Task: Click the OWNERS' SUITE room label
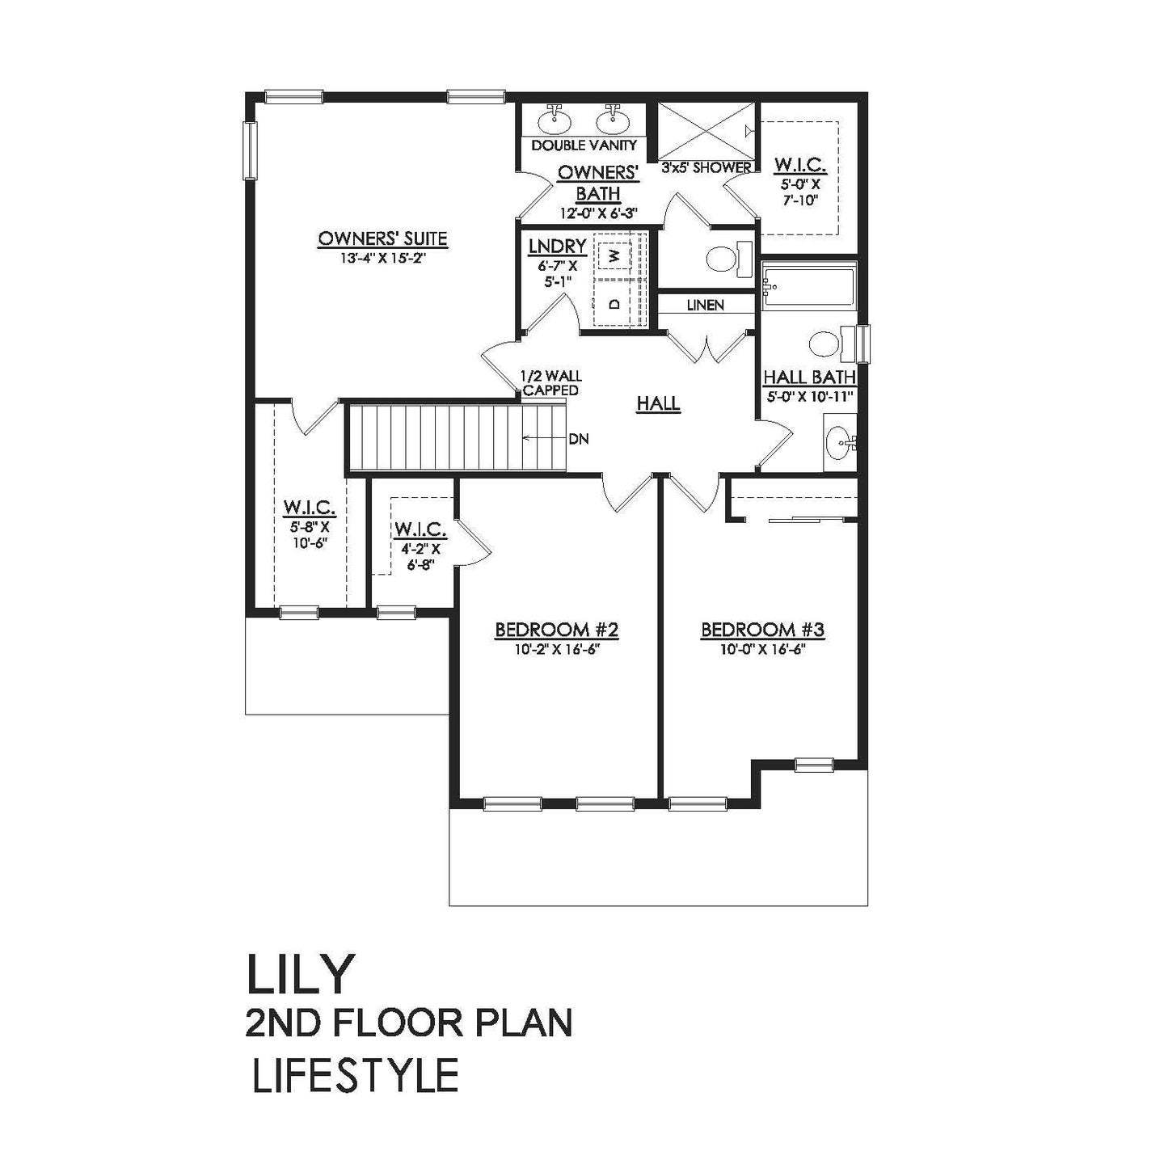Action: tap(382, 238)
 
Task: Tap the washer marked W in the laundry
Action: tap(615, 255)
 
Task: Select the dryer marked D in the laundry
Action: tap(615, 304)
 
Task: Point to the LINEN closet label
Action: tap(706, 306)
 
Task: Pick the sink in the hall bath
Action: tap(841, 442)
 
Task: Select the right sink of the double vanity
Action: tap(614, 120)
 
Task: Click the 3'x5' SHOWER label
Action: tap(706, 167)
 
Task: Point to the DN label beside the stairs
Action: tap(579, 439)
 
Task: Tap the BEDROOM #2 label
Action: tap(556, 630)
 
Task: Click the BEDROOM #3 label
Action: tap(762, 630)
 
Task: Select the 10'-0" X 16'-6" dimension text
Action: tap(762, 649)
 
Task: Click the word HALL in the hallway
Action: tap(659, 403)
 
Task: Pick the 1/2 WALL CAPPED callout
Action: tap(550, 384)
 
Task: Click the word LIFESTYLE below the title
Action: tap(355, 1091)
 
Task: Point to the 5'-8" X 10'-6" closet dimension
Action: tap(308, 533)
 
